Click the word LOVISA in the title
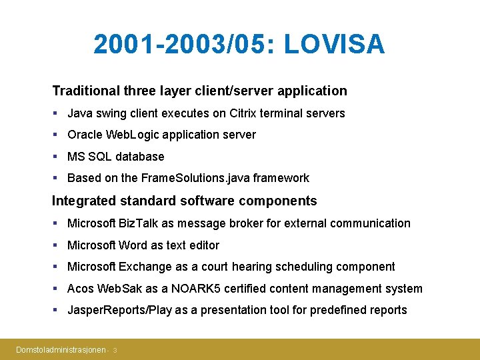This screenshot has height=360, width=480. point(334,45)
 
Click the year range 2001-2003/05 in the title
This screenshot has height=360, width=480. point(184,45)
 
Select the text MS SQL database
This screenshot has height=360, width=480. point(115,157)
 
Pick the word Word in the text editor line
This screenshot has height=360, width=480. point(133,245)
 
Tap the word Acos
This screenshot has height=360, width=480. point(81,289)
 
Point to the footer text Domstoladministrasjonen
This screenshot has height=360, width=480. point(61,349)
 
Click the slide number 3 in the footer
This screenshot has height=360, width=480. point(115,350)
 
